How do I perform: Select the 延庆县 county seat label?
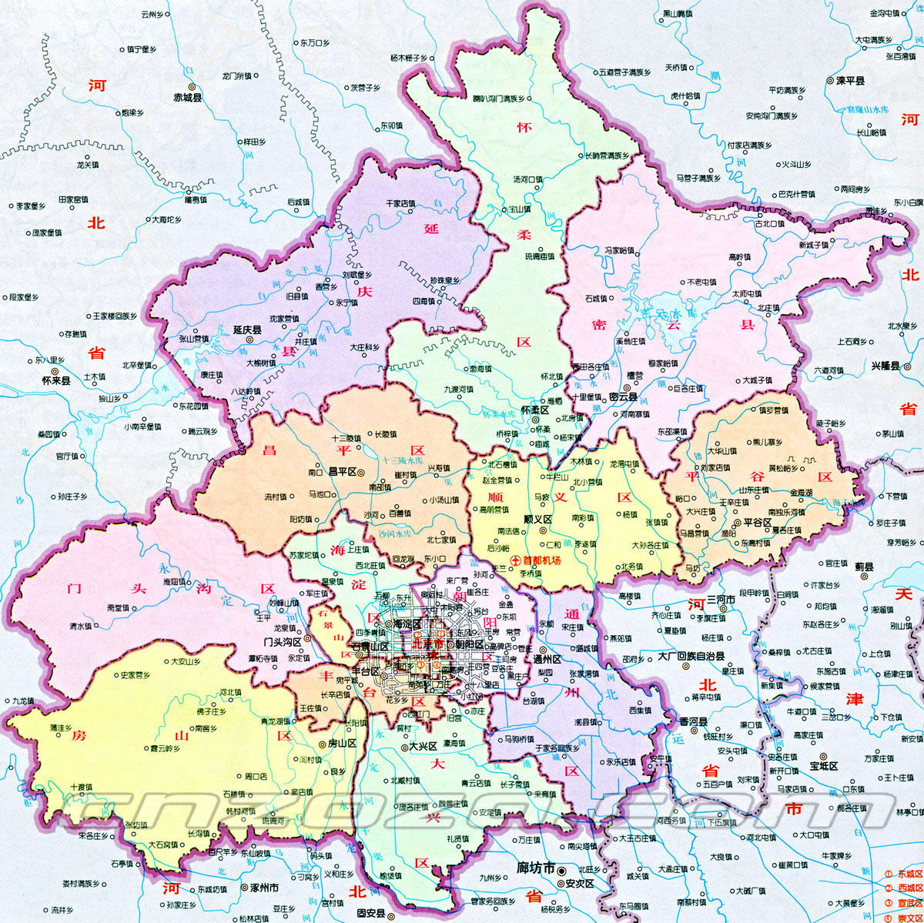247,329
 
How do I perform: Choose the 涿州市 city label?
264,888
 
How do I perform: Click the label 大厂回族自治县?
691,657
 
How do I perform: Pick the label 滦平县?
849,80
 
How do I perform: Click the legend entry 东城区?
909,875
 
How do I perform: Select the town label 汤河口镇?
527,179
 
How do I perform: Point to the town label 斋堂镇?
119,607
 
